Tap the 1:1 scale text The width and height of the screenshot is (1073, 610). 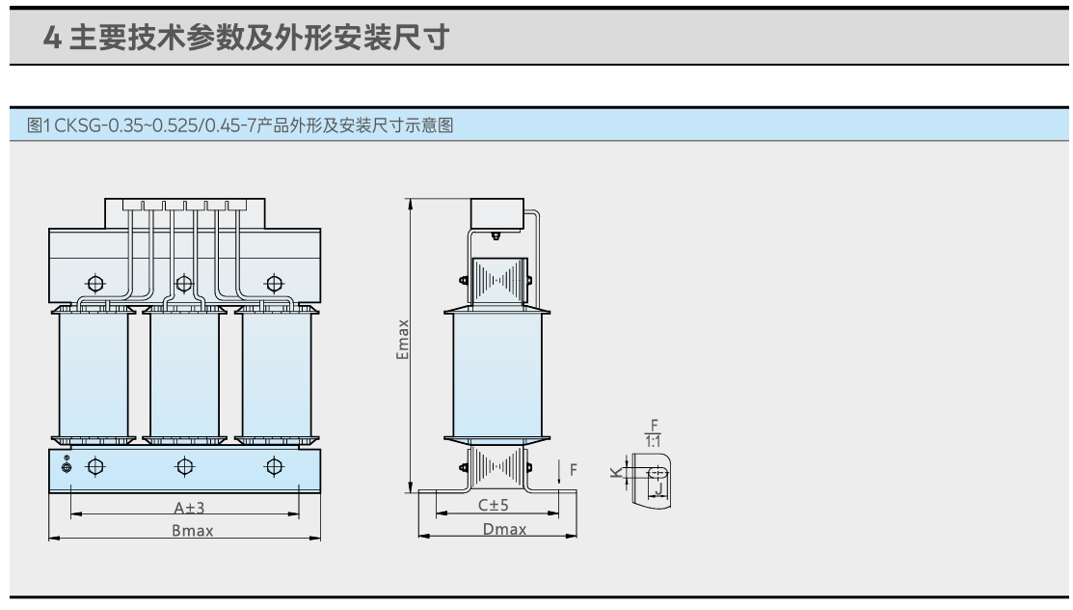click(x=653, y=441)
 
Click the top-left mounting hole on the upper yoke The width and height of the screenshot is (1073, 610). click(x=94, y=284)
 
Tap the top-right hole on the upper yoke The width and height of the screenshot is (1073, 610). click(x=275, y=284)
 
